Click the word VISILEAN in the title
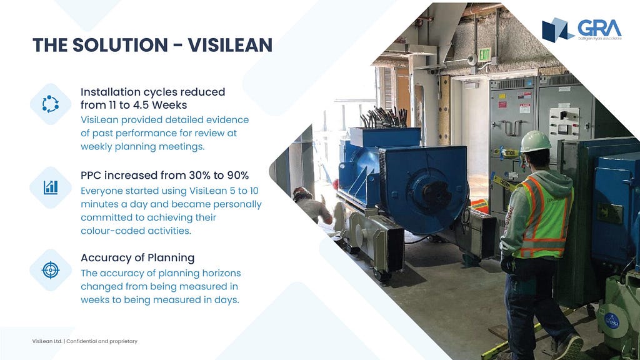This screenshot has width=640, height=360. click(x=230, y=45)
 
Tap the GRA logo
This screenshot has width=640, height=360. click(x=582, y=29)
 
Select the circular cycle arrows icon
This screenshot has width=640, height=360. click(x=51, y=104)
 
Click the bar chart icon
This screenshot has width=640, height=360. click(x=51, y=187)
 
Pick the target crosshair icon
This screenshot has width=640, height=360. click(x=51, y=270)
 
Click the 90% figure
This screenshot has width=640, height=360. click(x=238, y=176)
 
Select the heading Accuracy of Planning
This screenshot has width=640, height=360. click(x=137, y=258)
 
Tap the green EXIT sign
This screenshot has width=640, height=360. click(x=484, y=54)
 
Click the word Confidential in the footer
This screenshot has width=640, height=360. click(x=82, y=341)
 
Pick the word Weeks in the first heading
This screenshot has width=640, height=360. click(x=169, y=105)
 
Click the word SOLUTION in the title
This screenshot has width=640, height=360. click(x=120, y=45)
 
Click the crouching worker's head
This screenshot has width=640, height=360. click(x=302, y=194)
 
